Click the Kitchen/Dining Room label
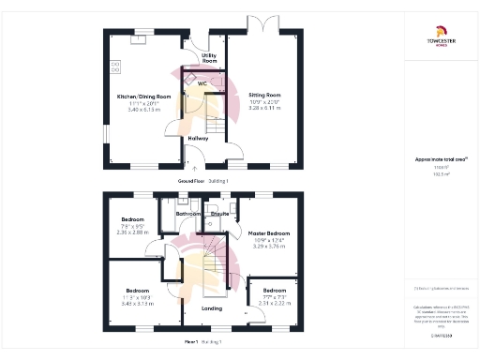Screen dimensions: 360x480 click(x=143, y=97)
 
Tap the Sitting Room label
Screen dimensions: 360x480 click(x=263, y=96)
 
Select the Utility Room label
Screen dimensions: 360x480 click(x=209, y=58)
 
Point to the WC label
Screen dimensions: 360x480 click(x=202, y=83)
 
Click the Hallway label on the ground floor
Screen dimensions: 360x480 click(x=198, y=139)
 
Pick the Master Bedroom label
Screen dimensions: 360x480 click(x=270, y=232)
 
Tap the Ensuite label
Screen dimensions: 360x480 click(x=220, y=214)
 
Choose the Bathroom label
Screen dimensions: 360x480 click(x=189, y=214)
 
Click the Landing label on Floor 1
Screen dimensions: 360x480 click(x=212, y=307)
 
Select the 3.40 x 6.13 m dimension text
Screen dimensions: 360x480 click(x=143, y=110)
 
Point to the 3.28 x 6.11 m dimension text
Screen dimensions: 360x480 click(x=263, y=109)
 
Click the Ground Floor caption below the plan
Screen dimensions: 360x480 click(x=191, y=180)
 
